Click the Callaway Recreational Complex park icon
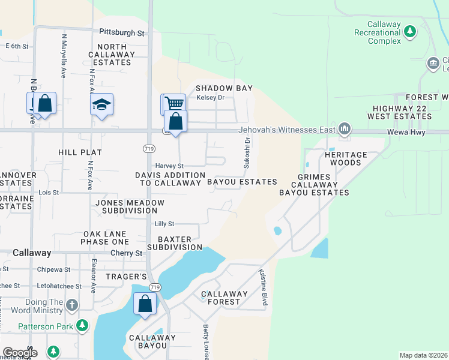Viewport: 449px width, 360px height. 411,31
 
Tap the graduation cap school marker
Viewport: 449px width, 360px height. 102,104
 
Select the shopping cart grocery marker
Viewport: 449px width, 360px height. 173,103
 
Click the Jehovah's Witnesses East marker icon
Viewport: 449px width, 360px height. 345,128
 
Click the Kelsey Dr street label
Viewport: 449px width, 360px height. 210,97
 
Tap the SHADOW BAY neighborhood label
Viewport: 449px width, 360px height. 224,88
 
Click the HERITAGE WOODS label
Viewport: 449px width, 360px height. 346,158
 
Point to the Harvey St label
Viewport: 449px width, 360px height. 169,166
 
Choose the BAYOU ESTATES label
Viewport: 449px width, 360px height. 242,181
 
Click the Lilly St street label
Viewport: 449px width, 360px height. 164,224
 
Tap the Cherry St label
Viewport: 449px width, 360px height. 126,253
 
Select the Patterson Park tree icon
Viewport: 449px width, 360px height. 82,326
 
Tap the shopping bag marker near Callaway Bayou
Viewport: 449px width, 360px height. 145,304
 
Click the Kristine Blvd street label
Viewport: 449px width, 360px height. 262,287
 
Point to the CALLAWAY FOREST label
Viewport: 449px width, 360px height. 224,298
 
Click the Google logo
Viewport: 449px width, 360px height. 19,353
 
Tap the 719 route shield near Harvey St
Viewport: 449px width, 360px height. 149,148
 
